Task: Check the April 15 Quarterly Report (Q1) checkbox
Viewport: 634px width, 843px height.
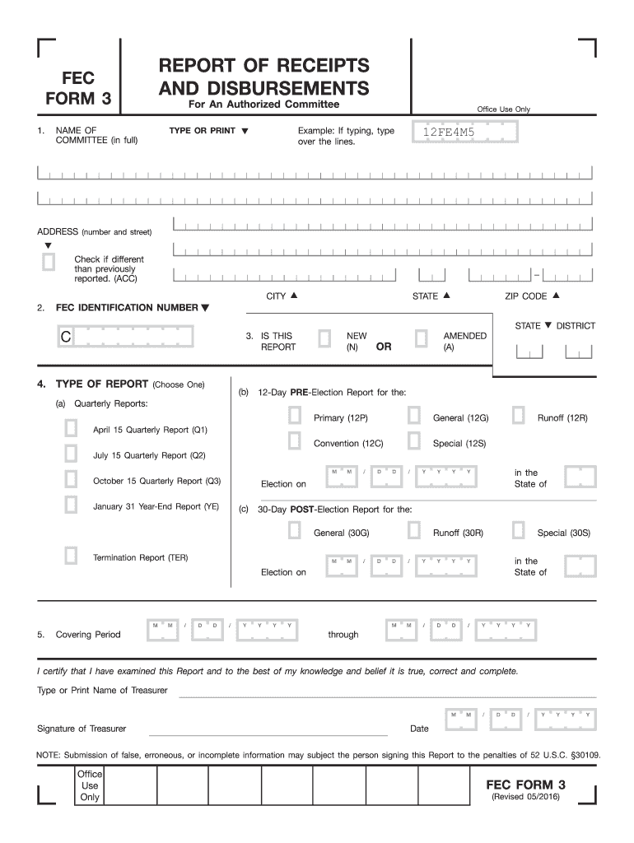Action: click(x=72, y=428)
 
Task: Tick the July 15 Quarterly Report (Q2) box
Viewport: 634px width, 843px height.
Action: click(x=72, y=454)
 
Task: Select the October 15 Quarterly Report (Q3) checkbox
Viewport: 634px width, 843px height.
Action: click(x=72, y=479)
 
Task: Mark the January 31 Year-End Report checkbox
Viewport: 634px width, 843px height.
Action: click(x=72, y=505)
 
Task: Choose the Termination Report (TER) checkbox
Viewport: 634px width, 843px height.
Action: click(x=72, y=556)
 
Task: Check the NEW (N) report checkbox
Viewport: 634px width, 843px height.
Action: click(x=324, y=339)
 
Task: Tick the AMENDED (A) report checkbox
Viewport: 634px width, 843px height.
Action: click(x=421, y=339)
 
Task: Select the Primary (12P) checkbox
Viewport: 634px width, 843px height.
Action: click(x=294, y=417)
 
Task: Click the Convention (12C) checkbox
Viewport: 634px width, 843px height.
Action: click(x=294, y=441)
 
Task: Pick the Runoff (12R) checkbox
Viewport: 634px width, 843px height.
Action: click(x=518, y=417)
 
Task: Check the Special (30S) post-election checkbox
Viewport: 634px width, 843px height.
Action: click(x=518, y=531)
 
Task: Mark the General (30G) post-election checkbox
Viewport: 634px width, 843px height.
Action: click(x=294, y=531)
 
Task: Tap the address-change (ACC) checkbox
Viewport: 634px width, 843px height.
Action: click(x=49, y=263)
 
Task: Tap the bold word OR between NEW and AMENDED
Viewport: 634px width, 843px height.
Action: click(x=384, y=347)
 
